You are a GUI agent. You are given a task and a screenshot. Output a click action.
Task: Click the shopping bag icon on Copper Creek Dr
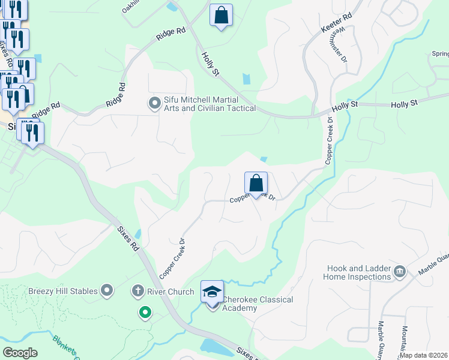[x=256, y=184]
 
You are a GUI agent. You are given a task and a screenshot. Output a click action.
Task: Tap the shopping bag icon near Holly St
[x=221, y=15]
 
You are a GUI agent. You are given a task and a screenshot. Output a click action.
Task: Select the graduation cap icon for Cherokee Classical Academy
[x=211, y=292]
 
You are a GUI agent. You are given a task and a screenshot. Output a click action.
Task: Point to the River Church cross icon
[x=137, y=292]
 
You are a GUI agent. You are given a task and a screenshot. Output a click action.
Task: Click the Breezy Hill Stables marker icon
[x=107, y=291]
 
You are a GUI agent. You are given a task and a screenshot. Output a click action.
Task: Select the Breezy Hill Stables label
[x=63, y=291]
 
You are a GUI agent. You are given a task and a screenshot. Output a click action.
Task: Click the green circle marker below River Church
[x=144, y=312]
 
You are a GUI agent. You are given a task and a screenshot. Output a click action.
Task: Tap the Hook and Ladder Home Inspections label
[x=357, y=272]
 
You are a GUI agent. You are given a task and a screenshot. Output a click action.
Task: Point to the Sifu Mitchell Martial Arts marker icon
[x=155, y=104]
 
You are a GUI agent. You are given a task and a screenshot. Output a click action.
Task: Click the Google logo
[x=20, y=352]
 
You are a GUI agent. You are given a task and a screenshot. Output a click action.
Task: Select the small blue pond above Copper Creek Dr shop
[x=264, y=159]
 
